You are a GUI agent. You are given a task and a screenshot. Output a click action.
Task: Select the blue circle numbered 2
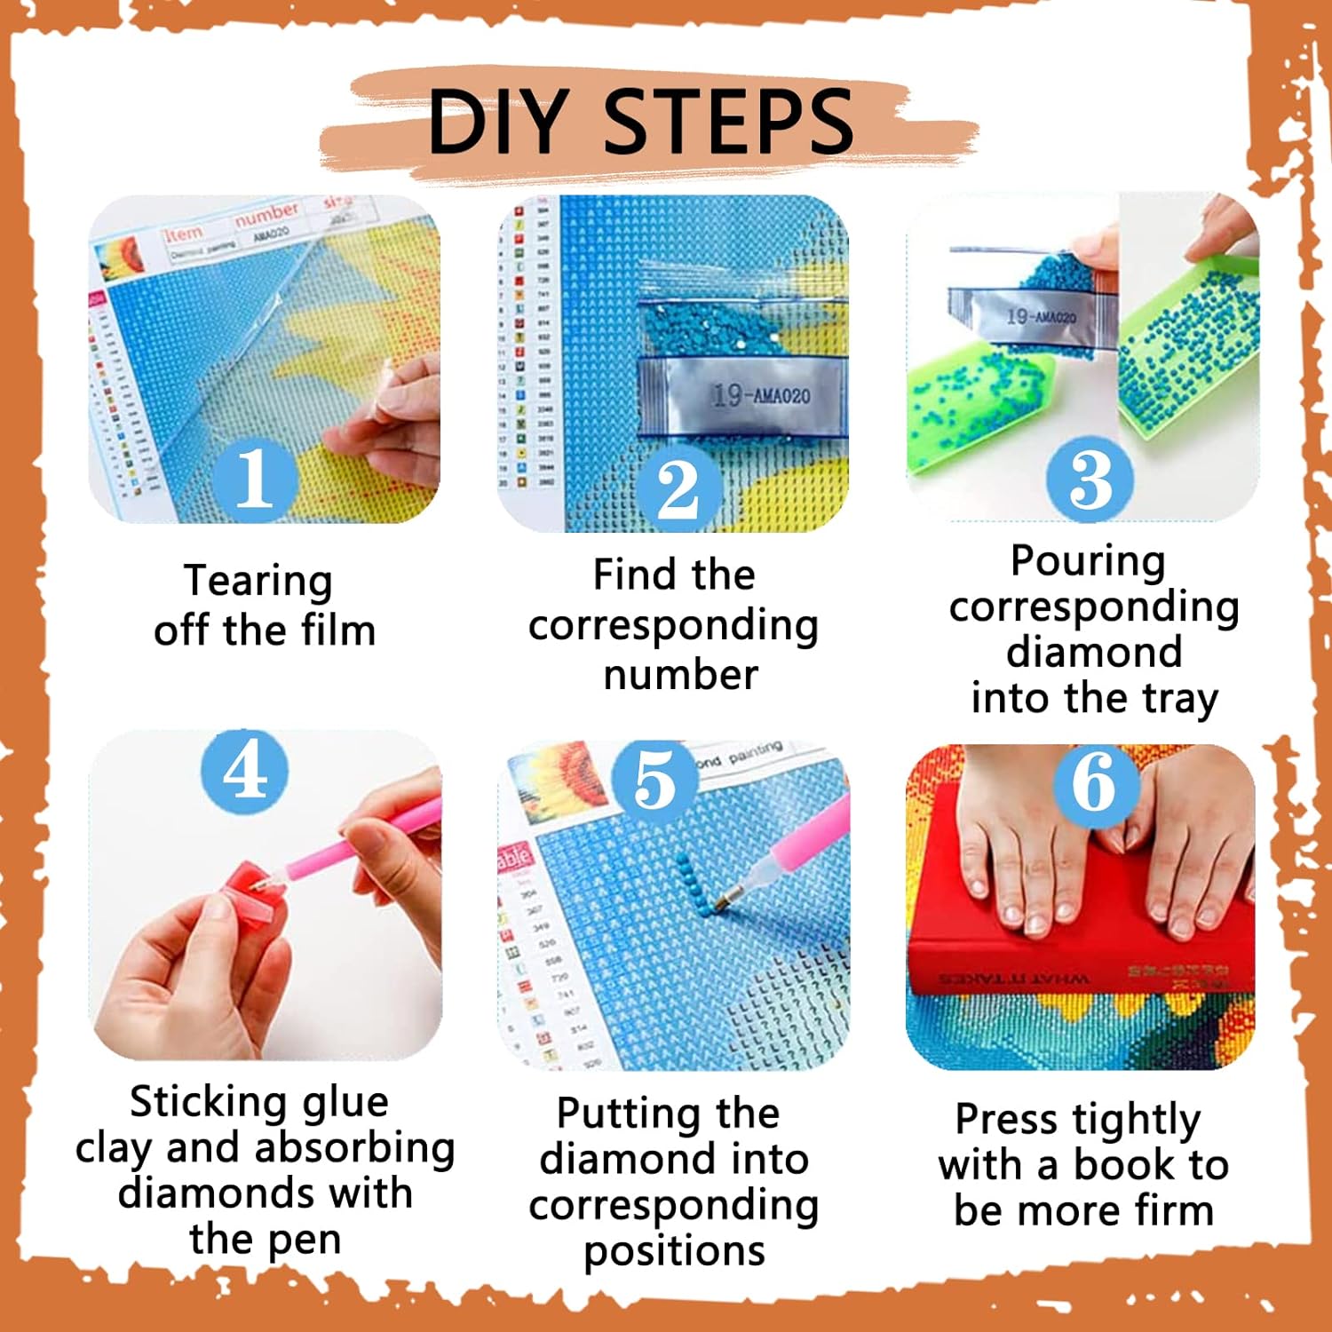tap(678, 488)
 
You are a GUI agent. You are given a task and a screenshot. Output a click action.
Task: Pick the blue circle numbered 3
tap(1090, 480)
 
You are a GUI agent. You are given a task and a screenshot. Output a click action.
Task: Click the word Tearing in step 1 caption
tap(258, 582)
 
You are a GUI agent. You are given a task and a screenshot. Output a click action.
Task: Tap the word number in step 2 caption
tap(680, 675)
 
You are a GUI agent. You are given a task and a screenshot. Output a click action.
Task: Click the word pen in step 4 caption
tap(305, 1240)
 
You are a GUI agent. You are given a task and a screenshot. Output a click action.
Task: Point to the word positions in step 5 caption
tap(674, 1252)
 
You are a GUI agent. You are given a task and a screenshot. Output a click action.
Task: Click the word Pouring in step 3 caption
tap(1088, 561)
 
